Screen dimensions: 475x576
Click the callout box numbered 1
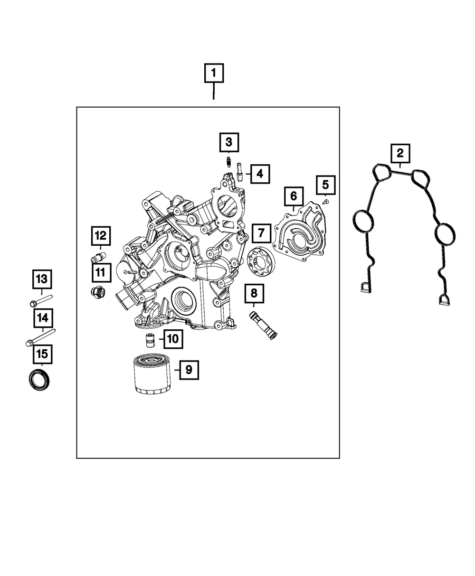coord(213,73)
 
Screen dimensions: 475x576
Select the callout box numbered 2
coord(400,153)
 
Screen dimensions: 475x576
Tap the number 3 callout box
coord(229,141)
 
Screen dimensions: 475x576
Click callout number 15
coord(42,353)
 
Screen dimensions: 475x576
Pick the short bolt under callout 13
coord(41,302)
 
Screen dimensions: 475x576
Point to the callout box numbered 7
coord(261,233)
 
